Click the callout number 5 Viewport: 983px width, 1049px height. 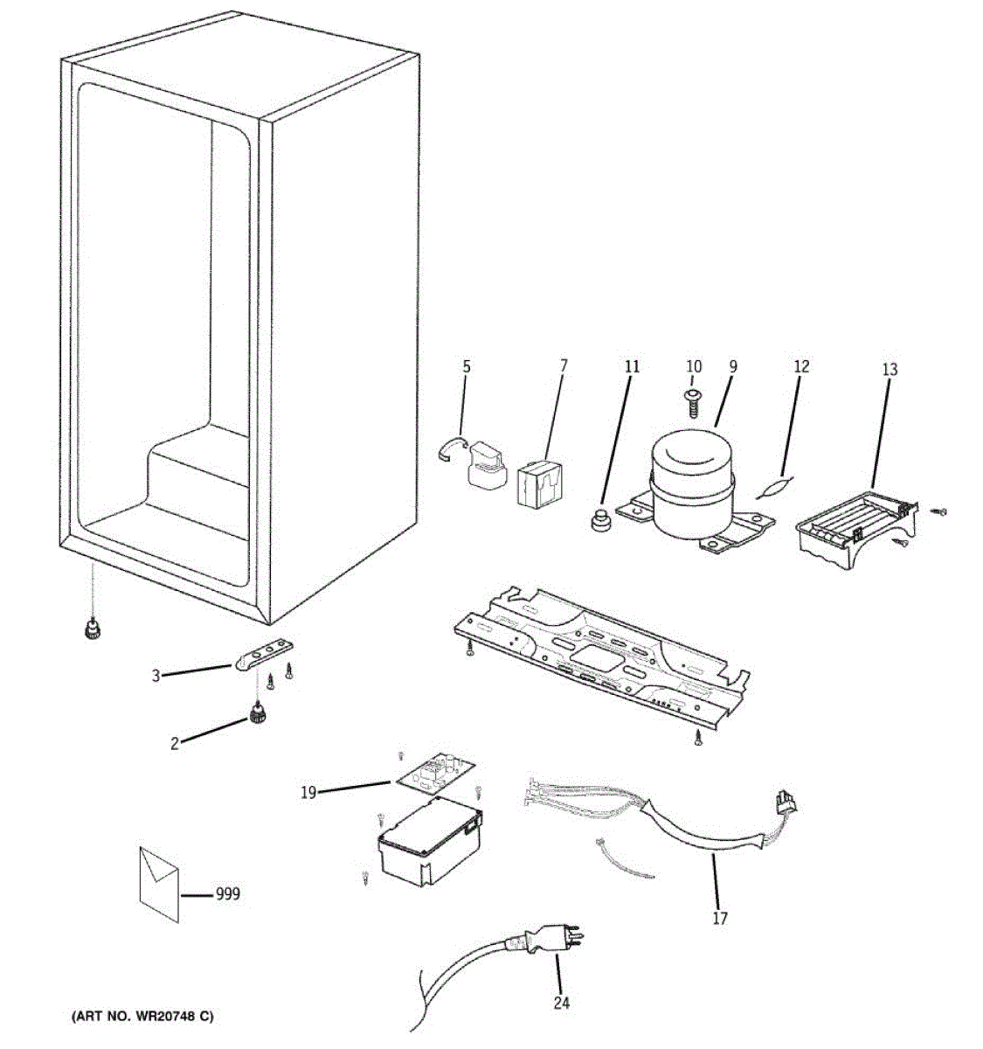(466, 366)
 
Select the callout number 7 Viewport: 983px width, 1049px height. (563, 365)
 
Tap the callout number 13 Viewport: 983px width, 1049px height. (889, 370)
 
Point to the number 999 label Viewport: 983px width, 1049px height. (227, 894)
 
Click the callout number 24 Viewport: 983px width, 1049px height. (561, 1003)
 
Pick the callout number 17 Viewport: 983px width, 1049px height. (719, 918)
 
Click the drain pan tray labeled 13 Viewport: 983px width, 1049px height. (856, 528)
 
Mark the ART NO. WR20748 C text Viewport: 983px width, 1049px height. (141, 1017)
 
